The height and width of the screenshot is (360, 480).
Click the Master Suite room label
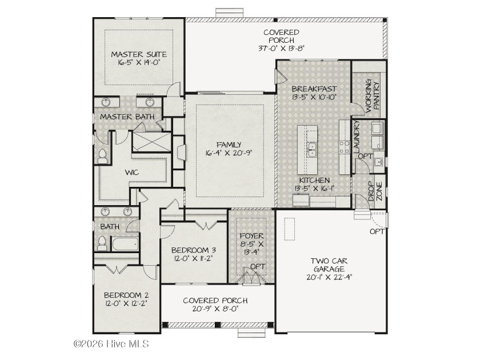[139, 54]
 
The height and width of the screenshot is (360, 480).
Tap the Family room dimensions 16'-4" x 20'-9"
[229, 153]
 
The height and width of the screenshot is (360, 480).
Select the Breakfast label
[314, 89]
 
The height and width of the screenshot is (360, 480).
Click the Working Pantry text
[373, 95]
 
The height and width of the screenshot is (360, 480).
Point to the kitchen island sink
[311, 149]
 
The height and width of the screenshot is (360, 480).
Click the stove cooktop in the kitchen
[345, 147]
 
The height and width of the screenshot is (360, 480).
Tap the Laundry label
[357, 137]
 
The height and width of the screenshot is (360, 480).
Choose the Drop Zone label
[375, 191]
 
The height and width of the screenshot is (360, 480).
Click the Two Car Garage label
[329, 265]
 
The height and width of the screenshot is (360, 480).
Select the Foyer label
[251, 236]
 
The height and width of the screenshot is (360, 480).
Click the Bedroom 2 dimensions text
[126, 303]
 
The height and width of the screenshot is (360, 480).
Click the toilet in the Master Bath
[102, 157]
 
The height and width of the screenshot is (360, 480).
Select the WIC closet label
[132, 173]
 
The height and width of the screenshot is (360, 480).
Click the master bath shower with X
[151, 142]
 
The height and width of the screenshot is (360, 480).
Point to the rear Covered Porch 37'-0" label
[281, 40]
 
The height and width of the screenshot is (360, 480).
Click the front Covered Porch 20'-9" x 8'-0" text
[215, 305]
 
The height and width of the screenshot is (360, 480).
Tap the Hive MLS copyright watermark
[111, 344]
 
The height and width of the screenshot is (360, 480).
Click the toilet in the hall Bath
[102, 243]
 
